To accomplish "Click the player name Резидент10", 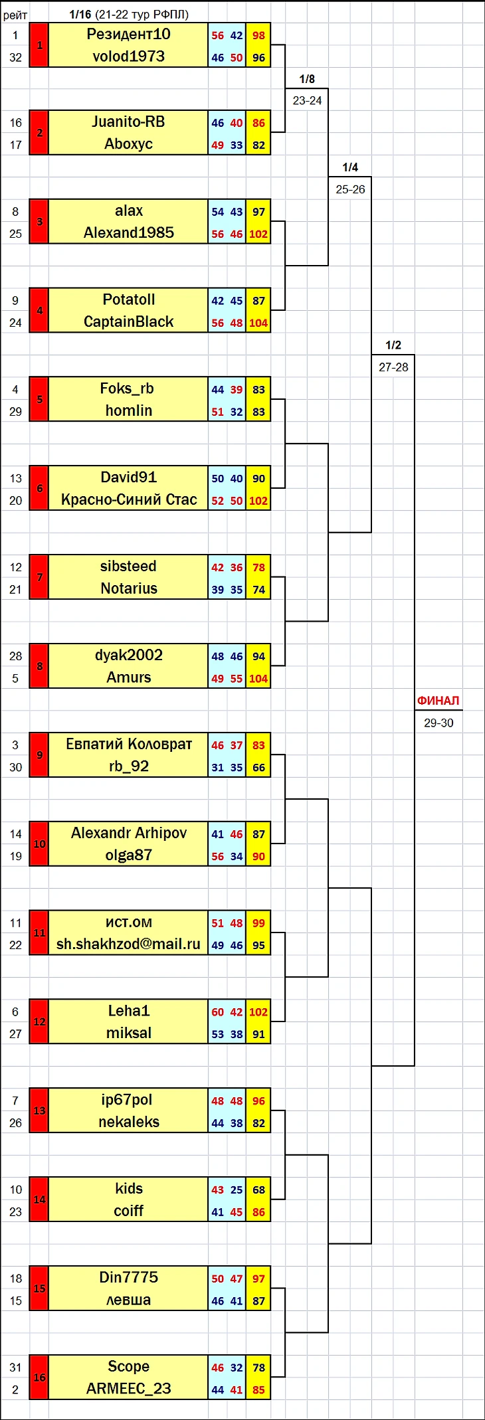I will (x=128, y=35).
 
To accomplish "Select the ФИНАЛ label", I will (x=438, y=701).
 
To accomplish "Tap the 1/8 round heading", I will (x=307, y=79).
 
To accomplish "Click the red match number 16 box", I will (x=39, y=1377).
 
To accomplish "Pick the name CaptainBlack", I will (x=128, y=322).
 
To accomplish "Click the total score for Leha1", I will (x=258, y=1012).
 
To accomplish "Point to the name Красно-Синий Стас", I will (x=128, y=500).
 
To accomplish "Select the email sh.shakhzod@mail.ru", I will (x=128, y=944).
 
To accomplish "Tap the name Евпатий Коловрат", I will (x=128, y=745).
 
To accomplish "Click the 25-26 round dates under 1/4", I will (x=350, y=189).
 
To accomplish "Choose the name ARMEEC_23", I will (x=128, y=1389).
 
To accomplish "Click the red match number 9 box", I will (x=39, y=755).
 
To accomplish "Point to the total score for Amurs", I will (x=258, y=679).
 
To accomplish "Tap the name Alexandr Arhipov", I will (x=128, y=834).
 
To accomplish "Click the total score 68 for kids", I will (x=258, y=1190).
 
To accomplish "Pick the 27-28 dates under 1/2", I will (x=393, y=367).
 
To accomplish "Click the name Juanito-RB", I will (x=128, y=122).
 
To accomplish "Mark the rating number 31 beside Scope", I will (x=15, y=1368).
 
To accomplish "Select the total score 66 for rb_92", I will (x=258, y=768).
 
